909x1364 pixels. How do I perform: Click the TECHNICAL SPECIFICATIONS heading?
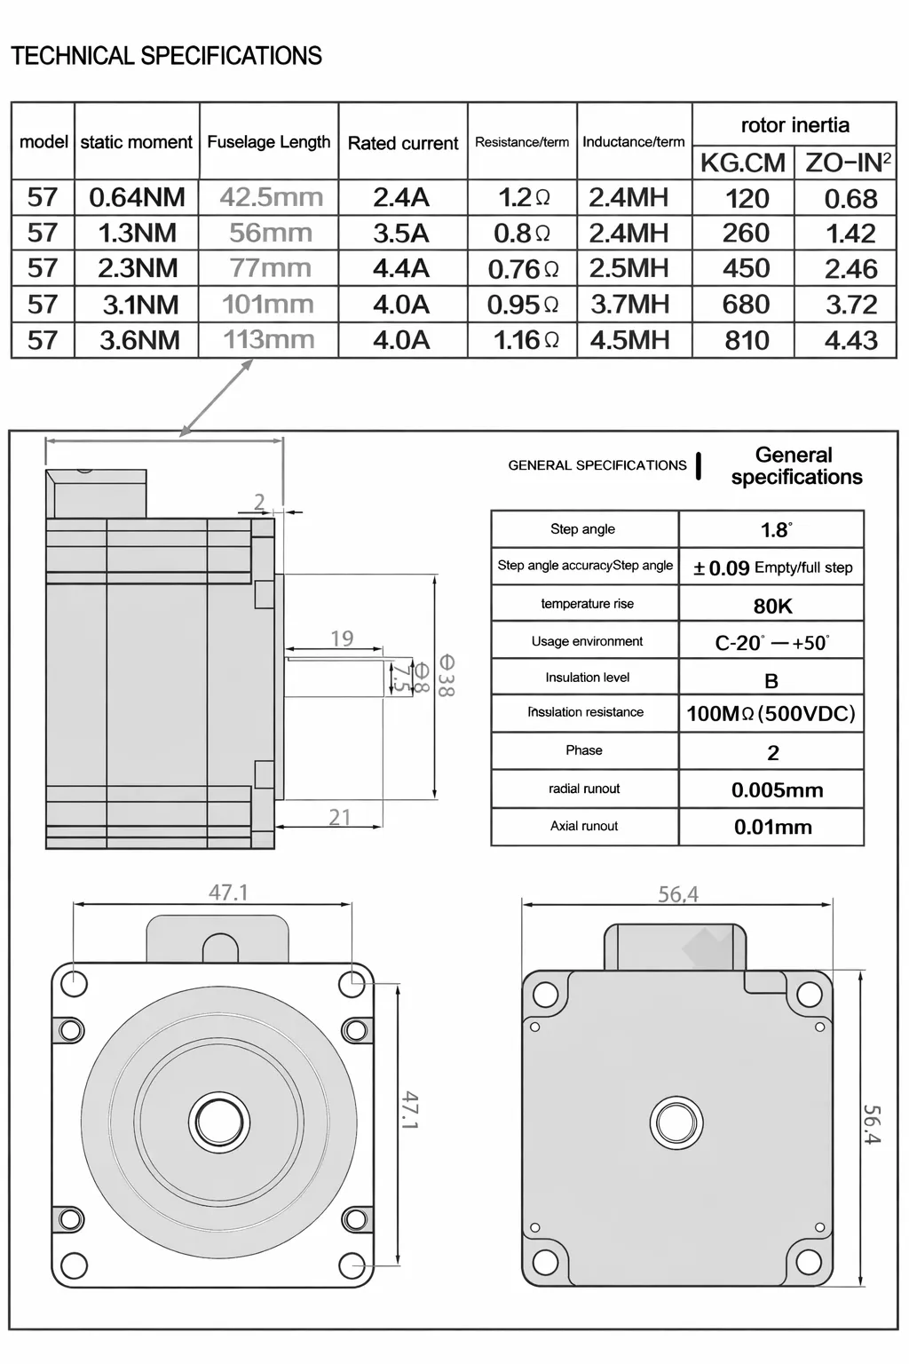tap(166, 56)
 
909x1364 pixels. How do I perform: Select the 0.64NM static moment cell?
tap(137, 197)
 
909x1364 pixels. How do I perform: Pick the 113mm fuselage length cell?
tap(268, 339)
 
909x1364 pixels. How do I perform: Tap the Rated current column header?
tap(403, 143)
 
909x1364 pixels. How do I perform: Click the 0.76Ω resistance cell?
tap(523, 268)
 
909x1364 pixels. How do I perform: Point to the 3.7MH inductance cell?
tap(630, 304)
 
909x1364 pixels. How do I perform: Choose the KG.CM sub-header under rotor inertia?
tap(742, 163)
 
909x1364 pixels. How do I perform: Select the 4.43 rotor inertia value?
tap(850, 340)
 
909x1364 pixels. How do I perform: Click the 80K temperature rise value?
tap(772, 606)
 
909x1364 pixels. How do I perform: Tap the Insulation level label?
tap(587, 678)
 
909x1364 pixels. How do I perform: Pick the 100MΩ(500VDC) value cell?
tap(771, 713)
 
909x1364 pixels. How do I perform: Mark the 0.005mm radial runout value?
tap(777, 789)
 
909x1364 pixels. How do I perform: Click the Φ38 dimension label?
tap(446, 675)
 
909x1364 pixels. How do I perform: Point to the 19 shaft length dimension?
tap(342, 638)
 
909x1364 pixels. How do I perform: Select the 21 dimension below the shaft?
tap(340, 817)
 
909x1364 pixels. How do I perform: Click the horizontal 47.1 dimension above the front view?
tap(228, 892)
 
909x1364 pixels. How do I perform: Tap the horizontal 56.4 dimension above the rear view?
tap(677, 894)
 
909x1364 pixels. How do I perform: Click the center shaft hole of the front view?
tap(220, 1121)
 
